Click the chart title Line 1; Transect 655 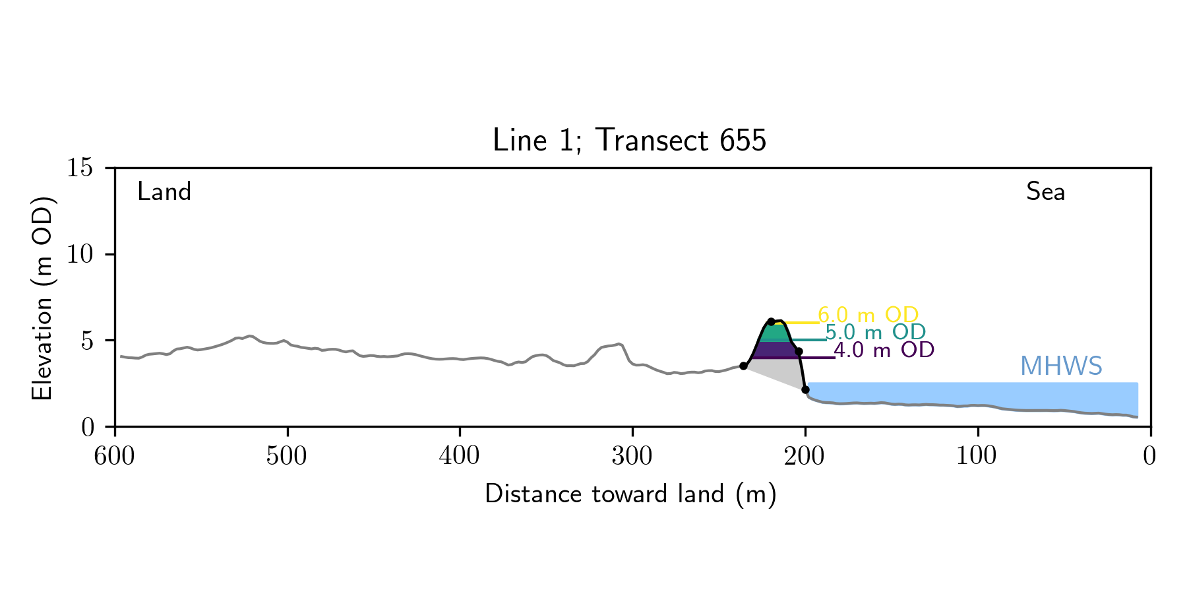(x=629, y=141)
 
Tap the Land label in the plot (x=164, y=192)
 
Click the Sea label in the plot (x=1045, y=192)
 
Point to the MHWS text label (x=1060, y=366)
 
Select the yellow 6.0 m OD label (x=868, y=315)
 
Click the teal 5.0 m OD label (x=876, y=332)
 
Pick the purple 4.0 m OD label (x=884, y=350)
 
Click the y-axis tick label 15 (x=79, y=168)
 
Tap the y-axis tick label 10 (x=79, y=255)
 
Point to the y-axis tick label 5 (x=86, y=341)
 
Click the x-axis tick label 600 (x=115, y=456)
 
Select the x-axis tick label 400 (x=460, y=456)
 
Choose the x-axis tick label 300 (x=632, y=456)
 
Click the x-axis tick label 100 (x=977, y=456)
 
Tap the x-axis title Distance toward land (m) (x=630, y=494)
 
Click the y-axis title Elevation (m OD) (x=42, y=298)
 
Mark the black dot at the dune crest (x=771, y=321)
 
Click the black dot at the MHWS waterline (x=805, y=389)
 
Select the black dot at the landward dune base (x=743, y=366)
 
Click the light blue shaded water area (x=976, y=393)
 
